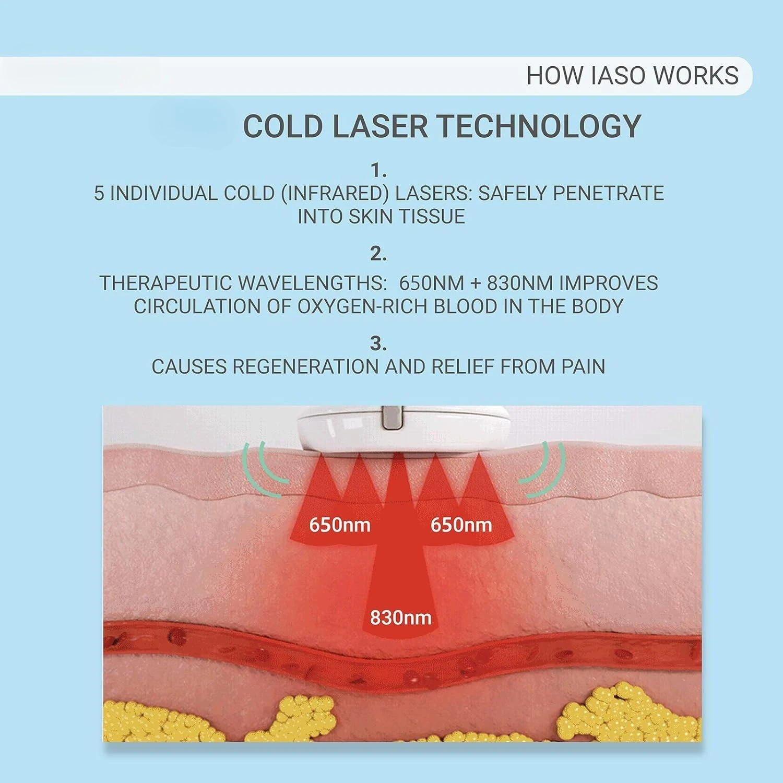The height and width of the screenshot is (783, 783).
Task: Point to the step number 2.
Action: (378, 255)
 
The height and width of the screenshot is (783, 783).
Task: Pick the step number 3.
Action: (378, 344)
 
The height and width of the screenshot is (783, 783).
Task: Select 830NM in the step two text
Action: (520, 283)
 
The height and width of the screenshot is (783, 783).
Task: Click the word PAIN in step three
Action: (583, 367)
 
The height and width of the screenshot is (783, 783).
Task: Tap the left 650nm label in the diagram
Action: (340, 524)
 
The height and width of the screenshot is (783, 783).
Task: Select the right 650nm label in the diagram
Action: (461, 524)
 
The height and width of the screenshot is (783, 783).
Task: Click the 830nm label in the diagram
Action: (400, 618)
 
